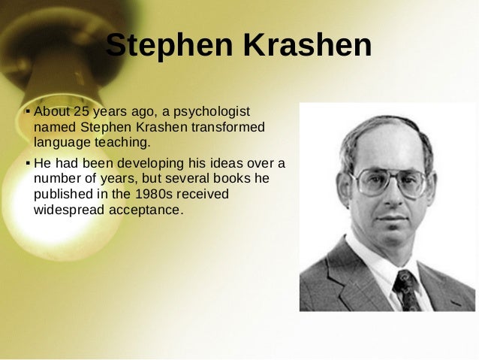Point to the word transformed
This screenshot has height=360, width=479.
click(x=228, y=127)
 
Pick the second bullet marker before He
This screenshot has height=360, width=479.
click(x=27, y=162)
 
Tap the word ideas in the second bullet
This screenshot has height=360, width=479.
click(x=226, y=163)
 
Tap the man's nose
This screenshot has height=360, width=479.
click(x=397, y=197)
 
